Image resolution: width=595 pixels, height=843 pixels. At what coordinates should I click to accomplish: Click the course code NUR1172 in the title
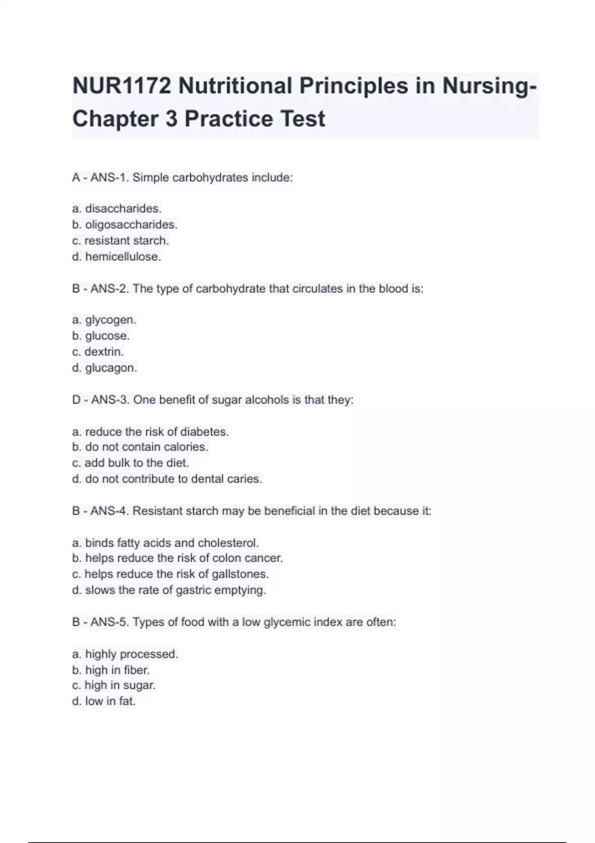click(121, 86)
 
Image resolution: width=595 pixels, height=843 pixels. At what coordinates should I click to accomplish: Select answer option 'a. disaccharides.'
click(117, 209)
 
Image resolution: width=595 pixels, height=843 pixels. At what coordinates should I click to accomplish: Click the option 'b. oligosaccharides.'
click(124, 225)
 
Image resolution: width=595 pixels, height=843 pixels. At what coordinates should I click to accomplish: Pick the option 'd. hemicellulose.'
click(117, 257)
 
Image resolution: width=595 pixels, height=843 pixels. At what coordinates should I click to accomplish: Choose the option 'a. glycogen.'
click(104, 320)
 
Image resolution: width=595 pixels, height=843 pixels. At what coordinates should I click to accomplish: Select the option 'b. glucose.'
click(101, 336)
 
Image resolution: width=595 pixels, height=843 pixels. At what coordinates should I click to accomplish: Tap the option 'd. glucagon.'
click(104, 368)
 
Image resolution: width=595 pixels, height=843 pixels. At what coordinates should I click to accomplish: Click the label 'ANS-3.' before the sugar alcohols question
click(111, 400)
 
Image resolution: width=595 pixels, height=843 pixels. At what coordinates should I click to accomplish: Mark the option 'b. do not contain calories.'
click(140, 447)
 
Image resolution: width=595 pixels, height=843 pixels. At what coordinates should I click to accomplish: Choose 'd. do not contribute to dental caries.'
click(167, 479)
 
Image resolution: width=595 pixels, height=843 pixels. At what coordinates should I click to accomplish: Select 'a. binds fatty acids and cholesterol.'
click(165, 543)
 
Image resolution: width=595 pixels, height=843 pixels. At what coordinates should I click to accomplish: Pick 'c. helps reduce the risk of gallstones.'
click(170, 574)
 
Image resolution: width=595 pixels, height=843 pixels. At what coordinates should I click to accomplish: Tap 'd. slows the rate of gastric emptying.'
click(169, 590)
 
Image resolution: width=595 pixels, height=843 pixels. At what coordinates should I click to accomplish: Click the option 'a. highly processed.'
click(125, 654)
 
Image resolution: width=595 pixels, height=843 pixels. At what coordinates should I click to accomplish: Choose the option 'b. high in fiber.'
click(111, 670)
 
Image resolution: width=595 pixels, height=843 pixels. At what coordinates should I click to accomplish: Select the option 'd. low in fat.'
click(104, 701)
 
